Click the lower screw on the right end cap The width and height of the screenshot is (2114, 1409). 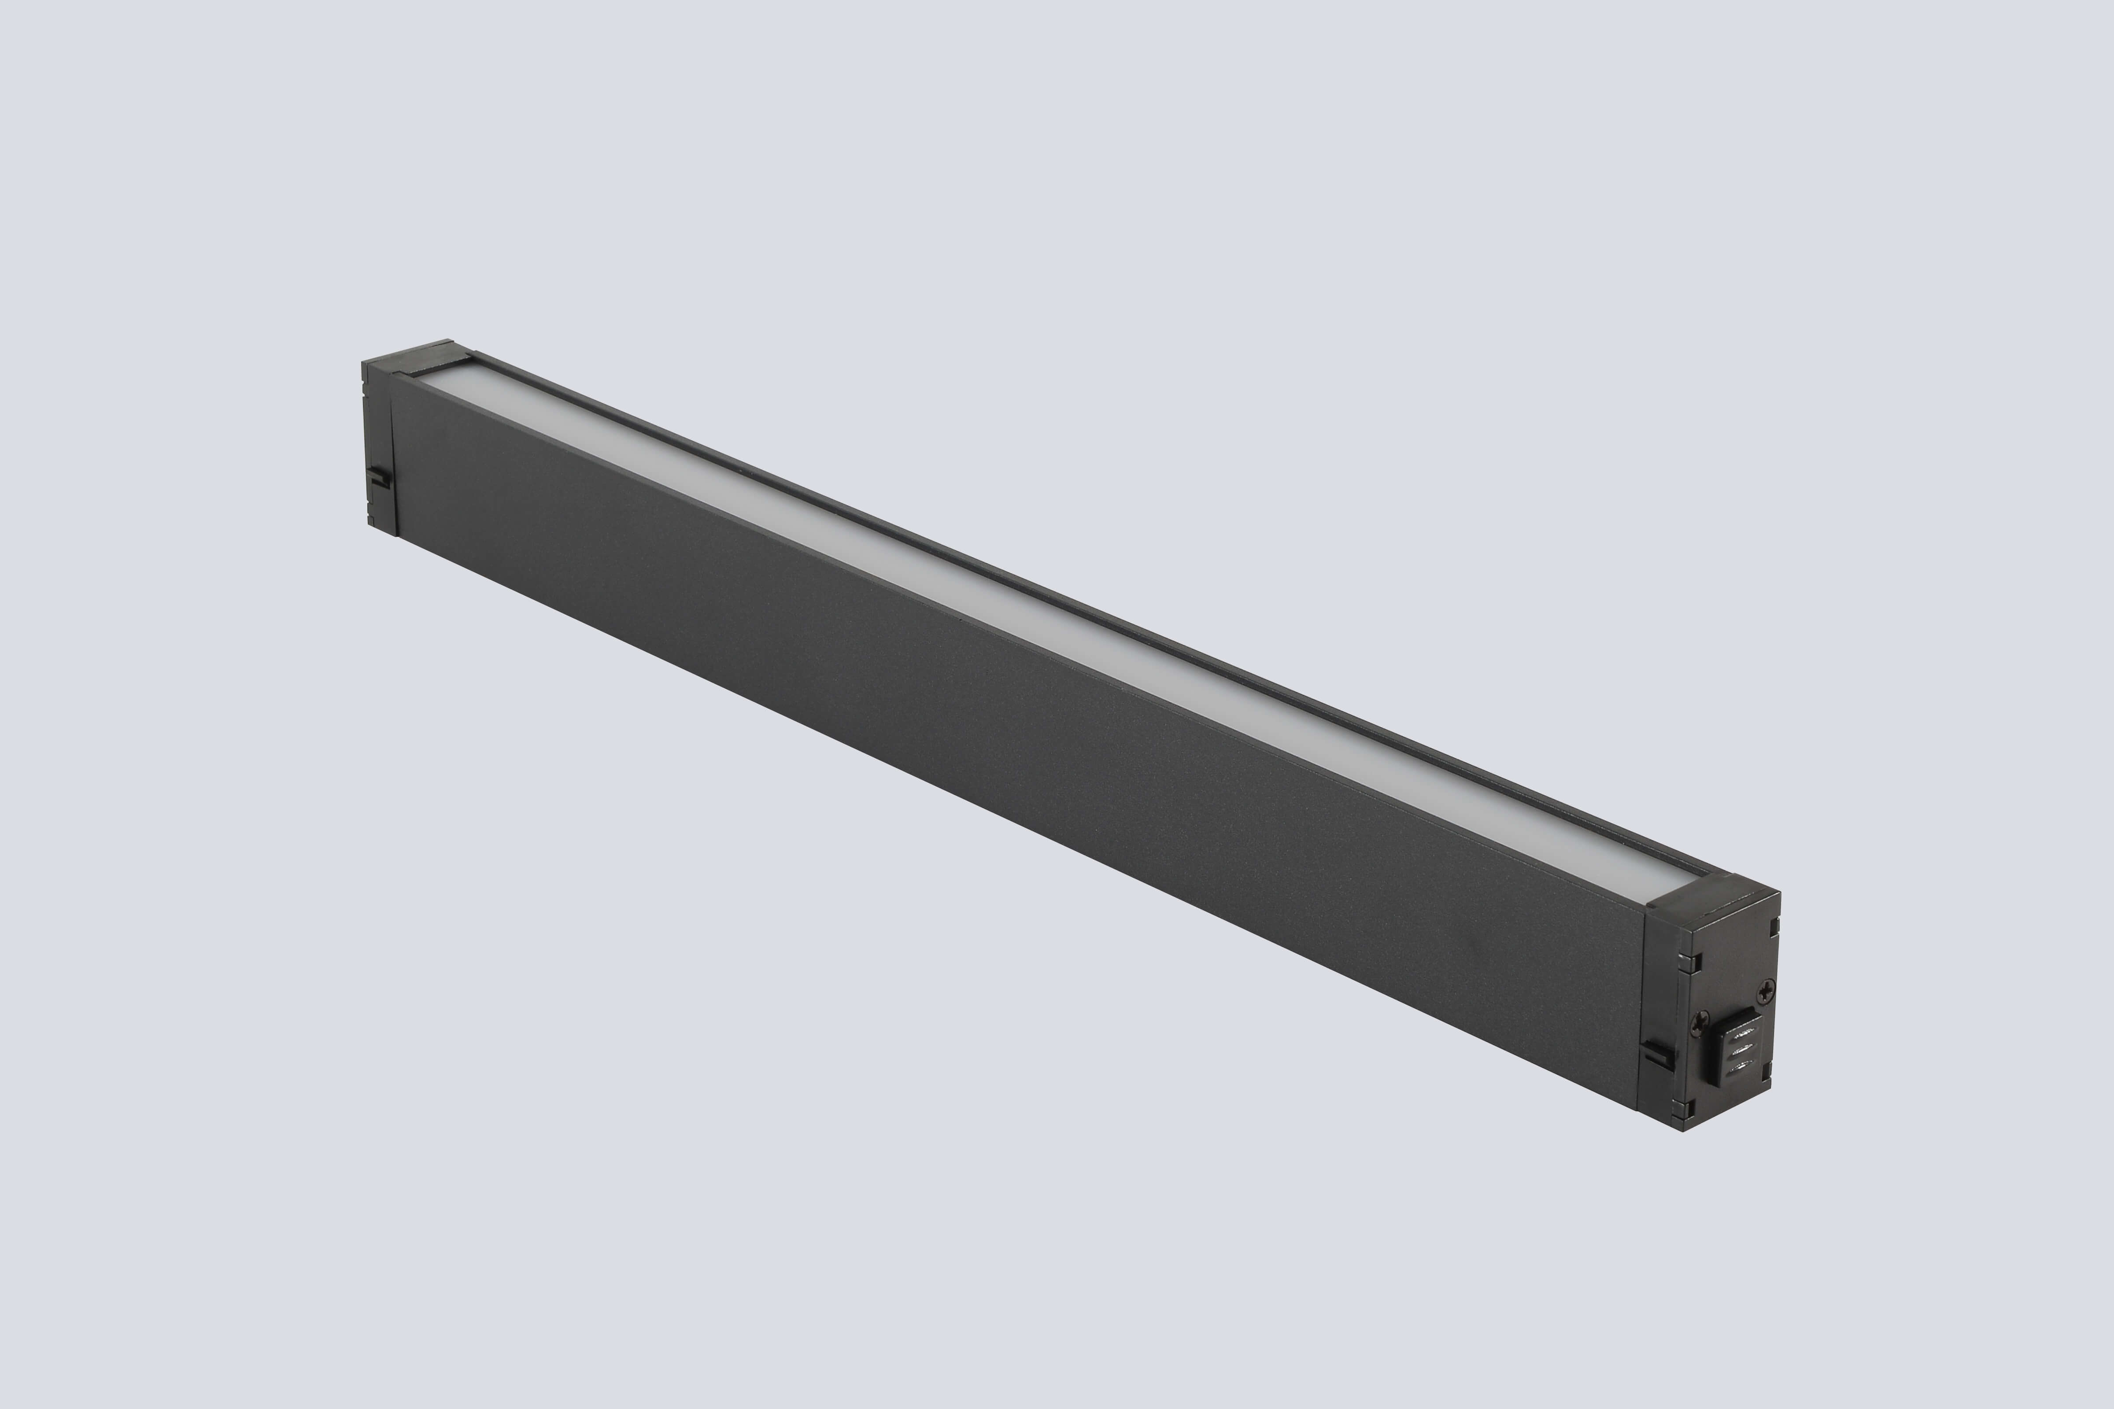[x=1701, y=1021]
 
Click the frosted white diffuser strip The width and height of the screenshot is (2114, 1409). [x=1034, y=629]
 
